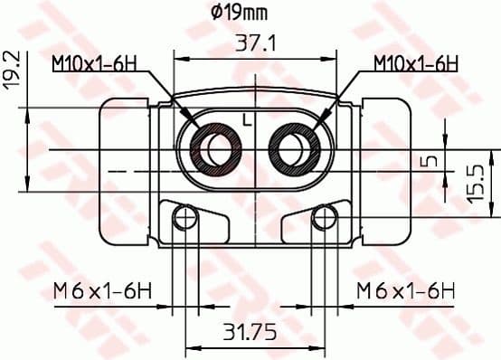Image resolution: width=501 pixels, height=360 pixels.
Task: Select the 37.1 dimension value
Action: [256, 42]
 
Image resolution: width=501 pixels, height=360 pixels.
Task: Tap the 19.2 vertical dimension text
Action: [11, 71]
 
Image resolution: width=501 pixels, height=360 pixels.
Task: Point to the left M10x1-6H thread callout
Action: [93, 63]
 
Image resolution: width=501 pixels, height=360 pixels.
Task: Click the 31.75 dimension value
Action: [251, 331]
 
